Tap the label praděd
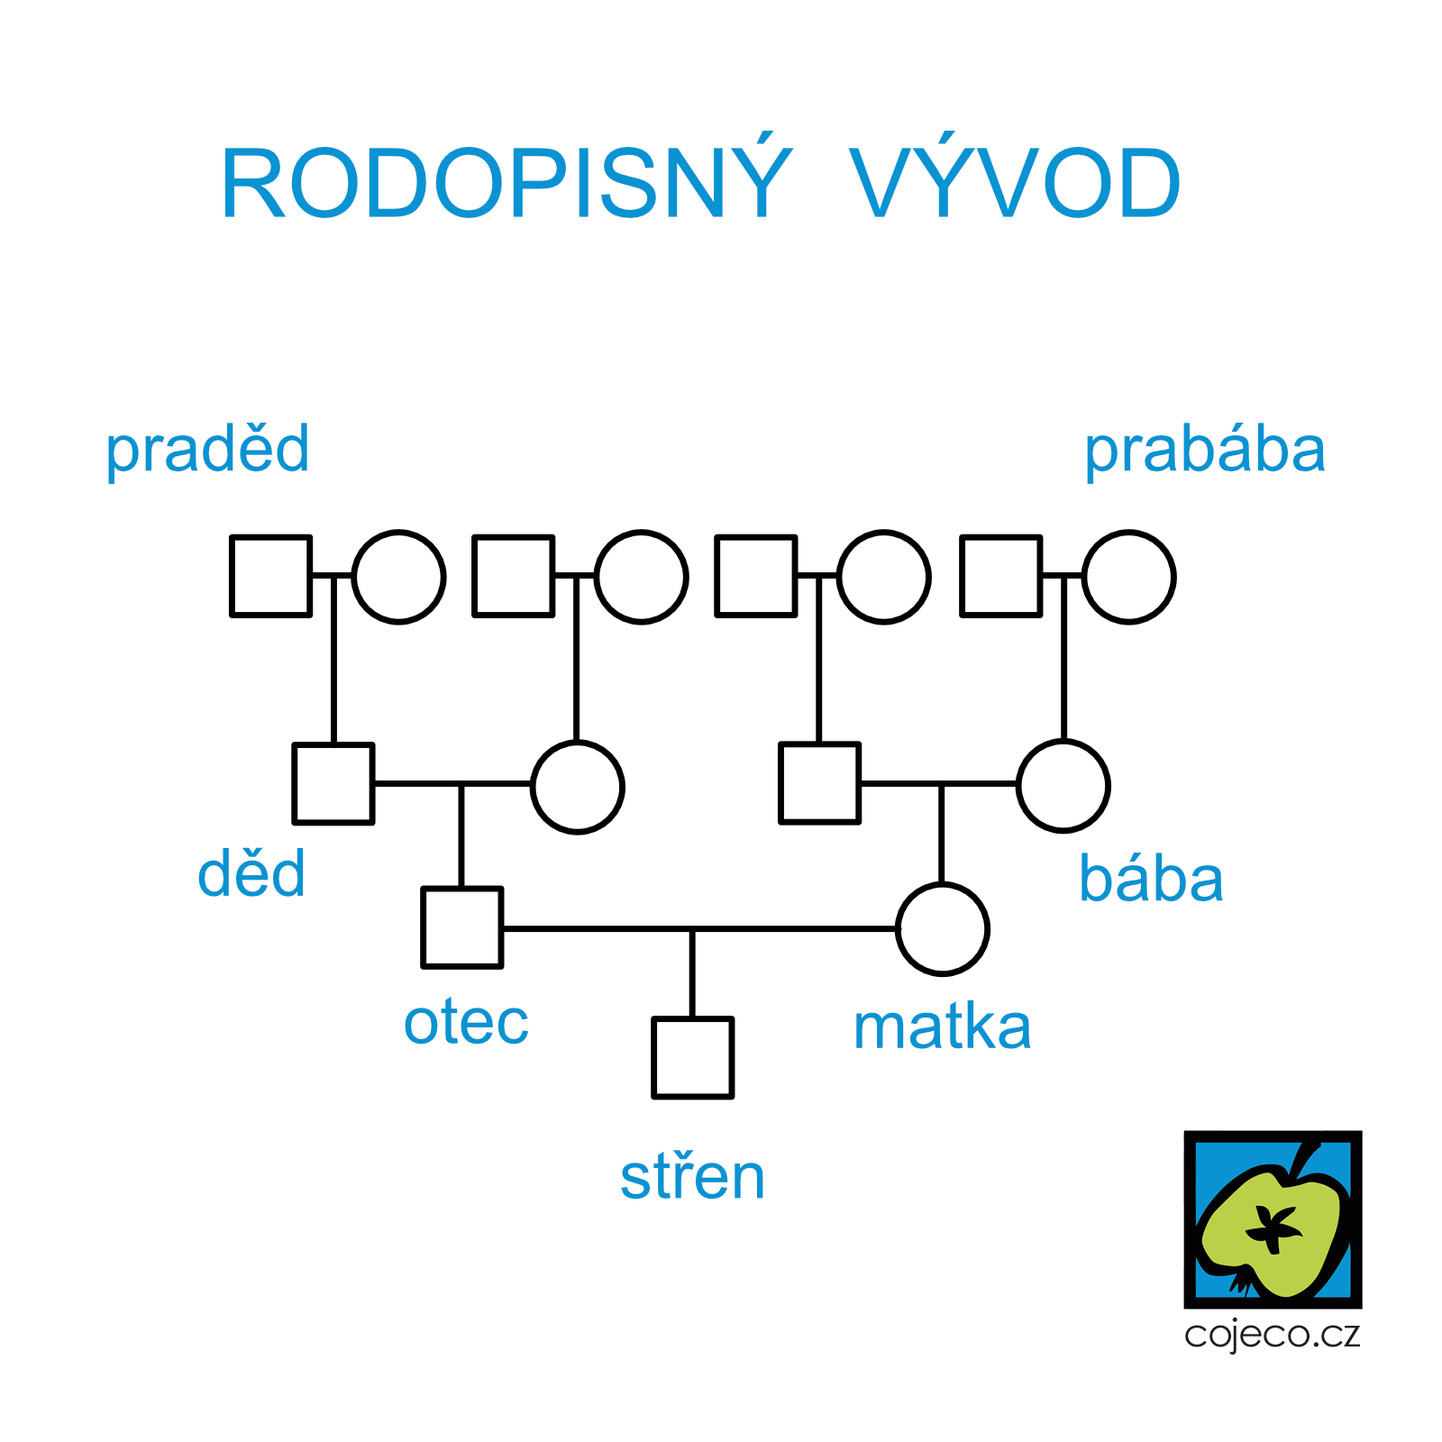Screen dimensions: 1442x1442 point(207,450)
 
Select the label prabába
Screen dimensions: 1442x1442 point(1205,450)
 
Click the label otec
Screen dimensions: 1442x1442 point(466,1023)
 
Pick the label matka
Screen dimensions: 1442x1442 point(942,1027)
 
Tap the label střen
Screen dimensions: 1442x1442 point(692,1176)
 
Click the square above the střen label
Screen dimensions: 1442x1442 point(693,1058)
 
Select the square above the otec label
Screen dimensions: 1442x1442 point(462,927)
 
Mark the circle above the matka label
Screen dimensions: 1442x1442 point(943,929)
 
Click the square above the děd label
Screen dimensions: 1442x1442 point(333,783)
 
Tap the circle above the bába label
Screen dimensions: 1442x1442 point(1063,786)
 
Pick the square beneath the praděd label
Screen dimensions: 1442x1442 point(271,576)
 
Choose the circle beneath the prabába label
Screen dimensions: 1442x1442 point(1129,577)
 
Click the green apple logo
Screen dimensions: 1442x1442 point(1273,1219)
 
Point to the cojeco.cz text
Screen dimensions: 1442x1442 point(1272,1335)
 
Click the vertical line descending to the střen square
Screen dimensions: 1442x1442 point(692,973)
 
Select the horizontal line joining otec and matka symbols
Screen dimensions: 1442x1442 point(700,928)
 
